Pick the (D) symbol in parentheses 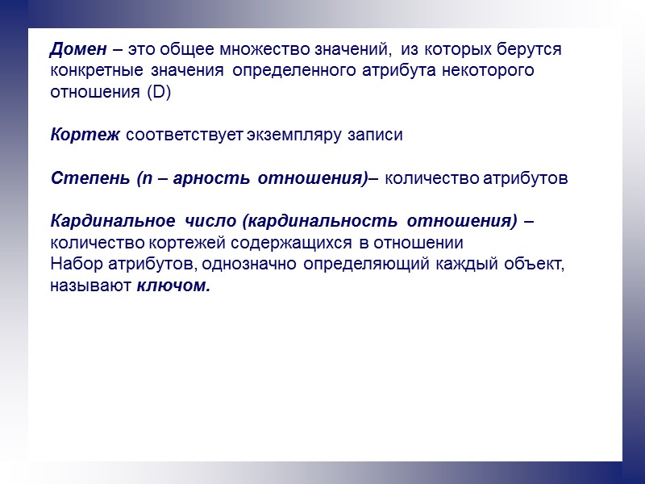(x=160, y=93)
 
